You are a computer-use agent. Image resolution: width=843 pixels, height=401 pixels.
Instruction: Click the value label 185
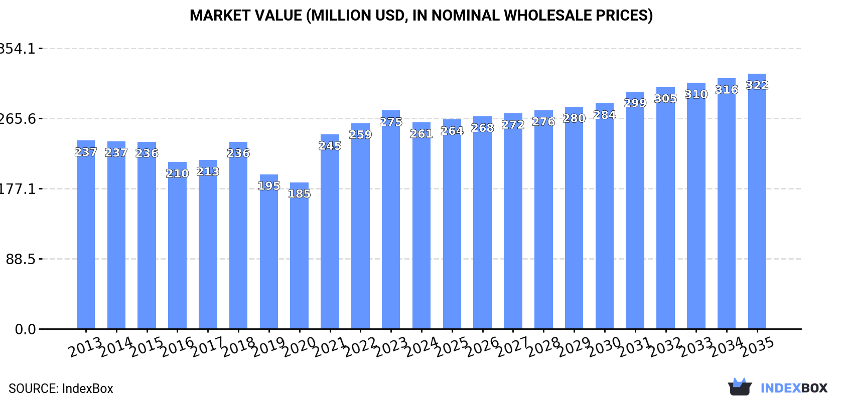(299, 194)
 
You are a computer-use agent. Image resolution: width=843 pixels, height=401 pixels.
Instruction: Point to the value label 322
(757, 85)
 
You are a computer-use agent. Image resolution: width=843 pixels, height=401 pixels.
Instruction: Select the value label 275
(391, 122)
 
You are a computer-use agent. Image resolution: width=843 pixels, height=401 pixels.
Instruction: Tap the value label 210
(177, 173)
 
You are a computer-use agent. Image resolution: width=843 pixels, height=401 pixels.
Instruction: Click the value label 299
(635, 103)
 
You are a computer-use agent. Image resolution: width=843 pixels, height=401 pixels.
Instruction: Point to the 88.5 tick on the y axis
(21, 259)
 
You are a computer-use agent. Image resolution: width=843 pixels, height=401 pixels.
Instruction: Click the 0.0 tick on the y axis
(25, 329)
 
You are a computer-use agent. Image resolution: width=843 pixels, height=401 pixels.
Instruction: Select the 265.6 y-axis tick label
(18, 119)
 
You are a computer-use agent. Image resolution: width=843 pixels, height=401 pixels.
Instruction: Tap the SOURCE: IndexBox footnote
(61, 388)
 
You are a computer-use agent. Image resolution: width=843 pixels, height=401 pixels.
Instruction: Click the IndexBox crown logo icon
(740, 387)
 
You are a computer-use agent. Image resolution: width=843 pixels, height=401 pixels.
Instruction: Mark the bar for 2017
(208, 245)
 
